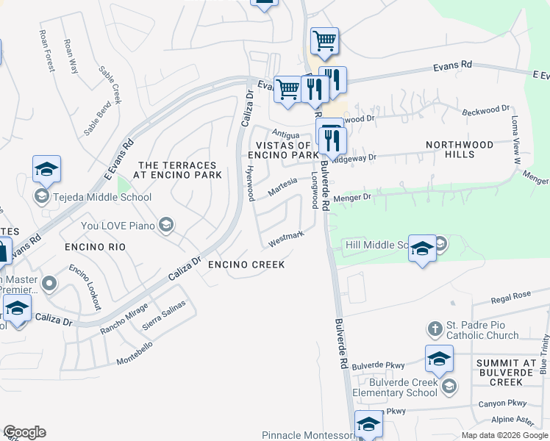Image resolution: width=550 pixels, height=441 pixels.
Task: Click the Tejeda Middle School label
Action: [101, 197]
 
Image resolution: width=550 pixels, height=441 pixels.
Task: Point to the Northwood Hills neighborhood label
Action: [460, 149]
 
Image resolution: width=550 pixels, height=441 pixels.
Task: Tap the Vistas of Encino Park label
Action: [283, 149]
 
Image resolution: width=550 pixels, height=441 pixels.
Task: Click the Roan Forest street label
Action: [47, 51]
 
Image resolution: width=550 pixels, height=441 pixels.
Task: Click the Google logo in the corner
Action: [24, 432]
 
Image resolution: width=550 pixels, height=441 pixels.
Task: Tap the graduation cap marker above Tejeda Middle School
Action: [46, 169]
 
